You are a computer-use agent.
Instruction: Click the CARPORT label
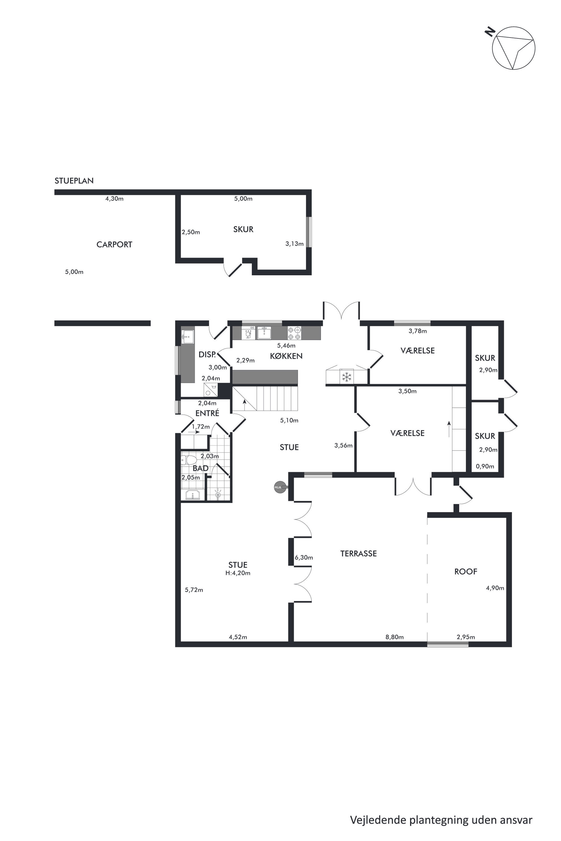[114, 244]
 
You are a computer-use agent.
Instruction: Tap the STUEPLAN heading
[74, 181]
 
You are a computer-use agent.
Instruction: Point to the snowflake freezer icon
[346, 376]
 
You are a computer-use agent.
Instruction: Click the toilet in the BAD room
[189, 459]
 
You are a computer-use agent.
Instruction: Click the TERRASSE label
[359, 554]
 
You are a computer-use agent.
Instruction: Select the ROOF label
[465, 571]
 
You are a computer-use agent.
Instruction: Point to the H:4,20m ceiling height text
[238, 573]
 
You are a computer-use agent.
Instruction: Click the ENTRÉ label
[207, 413]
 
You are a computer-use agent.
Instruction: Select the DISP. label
[207, 355]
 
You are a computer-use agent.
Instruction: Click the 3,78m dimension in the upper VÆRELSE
[418, 331]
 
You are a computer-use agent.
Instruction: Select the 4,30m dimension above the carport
[114, 199]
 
